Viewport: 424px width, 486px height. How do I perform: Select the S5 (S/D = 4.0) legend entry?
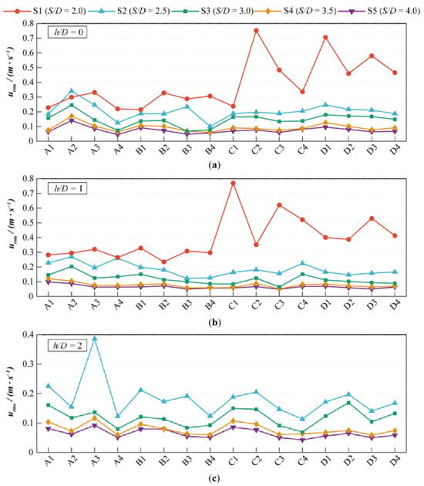coord(379,11)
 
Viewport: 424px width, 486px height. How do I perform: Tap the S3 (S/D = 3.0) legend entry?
coord(212,11)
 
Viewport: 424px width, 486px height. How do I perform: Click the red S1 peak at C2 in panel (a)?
coord(256,30)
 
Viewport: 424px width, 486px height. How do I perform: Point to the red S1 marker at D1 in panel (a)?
coord(325,38)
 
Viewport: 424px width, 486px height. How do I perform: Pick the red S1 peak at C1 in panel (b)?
coord(234,183)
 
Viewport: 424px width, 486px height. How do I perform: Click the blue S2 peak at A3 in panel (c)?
coord(95,338)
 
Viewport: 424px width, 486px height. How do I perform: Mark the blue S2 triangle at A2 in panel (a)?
coord(72,90)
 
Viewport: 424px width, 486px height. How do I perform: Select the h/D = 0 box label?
coord(67,32)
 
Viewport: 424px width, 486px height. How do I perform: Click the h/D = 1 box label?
coord(67,188)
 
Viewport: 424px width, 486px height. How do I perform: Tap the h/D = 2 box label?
coord(67,346)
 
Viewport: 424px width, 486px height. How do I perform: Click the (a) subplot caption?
coord(214,164)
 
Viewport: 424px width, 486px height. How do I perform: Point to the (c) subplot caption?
coord(214,478)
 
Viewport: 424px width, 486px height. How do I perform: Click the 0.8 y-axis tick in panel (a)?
coord(28,23)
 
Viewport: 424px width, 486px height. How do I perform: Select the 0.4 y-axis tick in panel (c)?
coord(28,335)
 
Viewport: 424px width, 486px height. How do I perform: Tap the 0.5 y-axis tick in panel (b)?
coord(28,223)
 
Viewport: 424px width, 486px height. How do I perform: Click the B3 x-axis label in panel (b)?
coord(187,305)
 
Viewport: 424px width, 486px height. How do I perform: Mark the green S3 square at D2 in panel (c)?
coord(348,403)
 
